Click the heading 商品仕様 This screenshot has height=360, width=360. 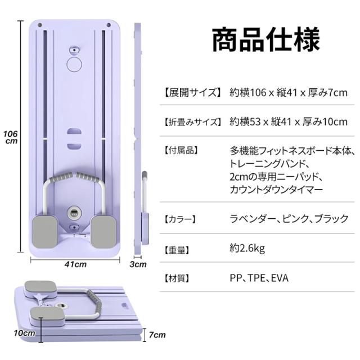(265, 40)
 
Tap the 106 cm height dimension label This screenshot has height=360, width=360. (11, 137)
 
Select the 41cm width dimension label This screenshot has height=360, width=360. (75, 264)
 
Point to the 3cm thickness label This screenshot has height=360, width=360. (138, 264)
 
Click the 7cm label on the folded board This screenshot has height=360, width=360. (157, 335)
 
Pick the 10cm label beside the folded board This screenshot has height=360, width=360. (25, 333)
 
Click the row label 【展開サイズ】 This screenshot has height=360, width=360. (192, 92)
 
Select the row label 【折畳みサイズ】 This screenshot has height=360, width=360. (192, 121)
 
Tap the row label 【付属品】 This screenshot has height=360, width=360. (181, 151)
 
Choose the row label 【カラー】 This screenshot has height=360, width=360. (180, 219)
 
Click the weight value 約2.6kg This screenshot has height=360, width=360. (247, 249)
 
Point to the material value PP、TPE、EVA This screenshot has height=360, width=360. (259, 278)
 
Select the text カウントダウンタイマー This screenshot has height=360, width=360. (276, 190)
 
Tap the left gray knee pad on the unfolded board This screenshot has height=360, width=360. (45, 232)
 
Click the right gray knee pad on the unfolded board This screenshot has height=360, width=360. (103, 232)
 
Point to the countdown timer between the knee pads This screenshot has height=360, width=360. (74, 213)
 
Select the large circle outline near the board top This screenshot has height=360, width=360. (74, 64)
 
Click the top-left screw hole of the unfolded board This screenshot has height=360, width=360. (40, 25)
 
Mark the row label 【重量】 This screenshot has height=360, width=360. (177, 250)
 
